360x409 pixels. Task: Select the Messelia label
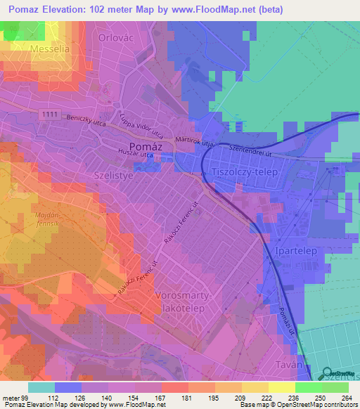pos(50,48)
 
